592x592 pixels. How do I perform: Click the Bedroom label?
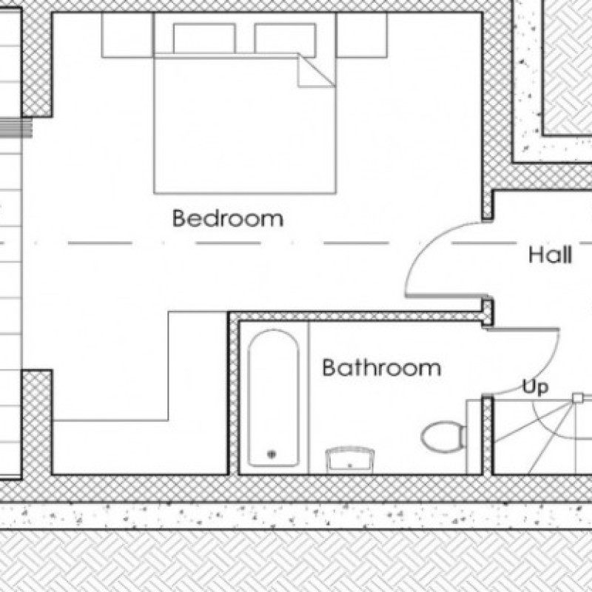tap(227, 219)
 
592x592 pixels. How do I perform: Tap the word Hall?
tap(550, 256)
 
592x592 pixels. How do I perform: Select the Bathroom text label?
tap(381, 368)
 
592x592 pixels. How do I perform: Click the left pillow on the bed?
tap(204, 38)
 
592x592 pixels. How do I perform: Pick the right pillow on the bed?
tap(285, 38)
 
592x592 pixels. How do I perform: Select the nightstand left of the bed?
tap(127, 35)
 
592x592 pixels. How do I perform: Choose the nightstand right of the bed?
tap(362, 35)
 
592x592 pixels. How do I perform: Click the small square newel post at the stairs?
tap(576, 398)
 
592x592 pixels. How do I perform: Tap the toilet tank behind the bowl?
tap(462, 436)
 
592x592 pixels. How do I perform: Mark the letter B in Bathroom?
tap(329, 368)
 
